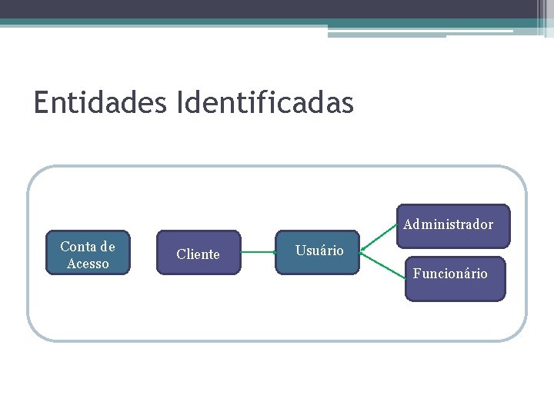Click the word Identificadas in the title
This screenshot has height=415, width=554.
(x=265, y=102)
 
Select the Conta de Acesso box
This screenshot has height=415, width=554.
(x=88, y=253)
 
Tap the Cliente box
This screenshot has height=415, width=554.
(x=199, y=253)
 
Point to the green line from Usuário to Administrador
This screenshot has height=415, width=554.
(x=379, y=238)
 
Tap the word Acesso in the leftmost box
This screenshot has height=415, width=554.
(x=88, y=264)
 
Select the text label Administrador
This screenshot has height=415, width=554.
(x=448, y=224)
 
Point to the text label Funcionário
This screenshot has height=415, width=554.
(x=450, y=274)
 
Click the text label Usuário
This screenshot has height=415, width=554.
(x=319, y=251)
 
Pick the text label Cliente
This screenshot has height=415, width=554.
(x=198, y=254)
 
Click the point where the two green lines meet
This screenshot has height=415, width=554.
(x=362, y=251)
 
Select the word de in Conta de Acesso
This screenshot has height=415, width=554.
(x=107, y=247)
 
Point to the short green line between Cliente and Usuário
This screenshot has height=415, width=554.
(x=259, y=251)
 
